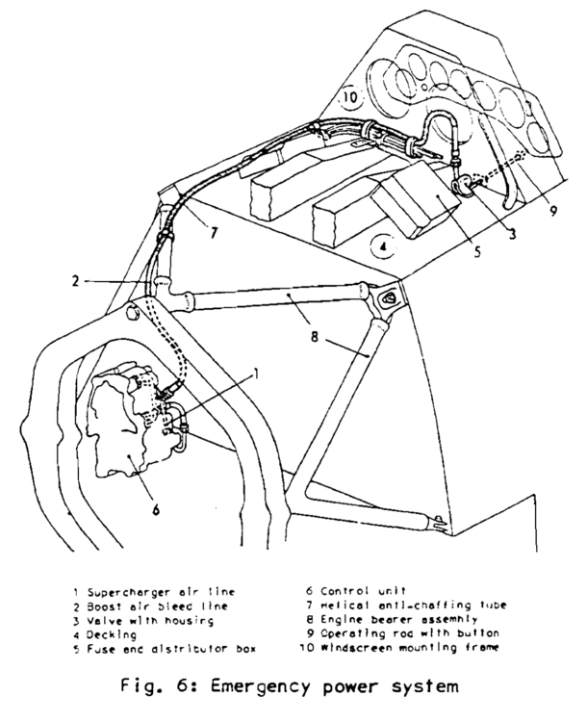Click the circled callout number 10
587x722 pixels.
(x=350, y=97)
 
